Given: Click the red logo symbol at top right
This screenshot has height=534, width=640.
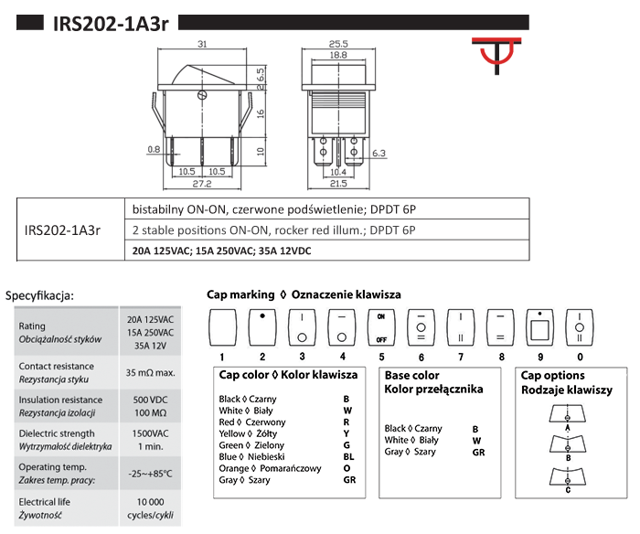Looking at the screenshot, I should [496, 58].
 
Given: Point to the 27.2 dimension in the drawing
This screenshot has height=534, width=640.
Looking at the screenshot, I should [201, 183].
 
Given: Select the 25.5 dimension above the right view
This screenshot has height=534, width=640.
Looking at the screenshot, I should [339, 43].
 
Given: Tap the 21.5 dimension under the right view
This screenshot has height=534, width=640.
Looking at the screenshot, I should [339, 183].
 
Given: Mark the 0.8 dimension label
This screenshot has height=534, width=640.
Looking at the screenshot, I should [153, 149].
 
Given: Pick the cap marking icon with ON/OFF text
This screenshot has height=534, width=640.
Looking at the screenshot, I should [381, 326].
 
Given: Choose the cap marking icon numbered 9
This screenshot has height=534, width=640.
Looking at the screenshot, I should [539, 326].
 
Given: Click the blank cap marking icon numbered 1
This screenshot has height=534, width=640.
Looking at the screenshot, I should [222, 326].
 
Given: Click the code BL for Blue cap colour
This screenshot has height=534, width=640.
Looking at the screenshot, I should [348, 456].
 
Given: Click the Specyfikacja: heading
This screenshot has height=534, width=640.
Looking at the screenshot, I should [40, 295].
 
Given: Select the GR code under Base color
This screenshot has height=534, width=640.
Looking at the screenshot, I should [478, 452].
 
